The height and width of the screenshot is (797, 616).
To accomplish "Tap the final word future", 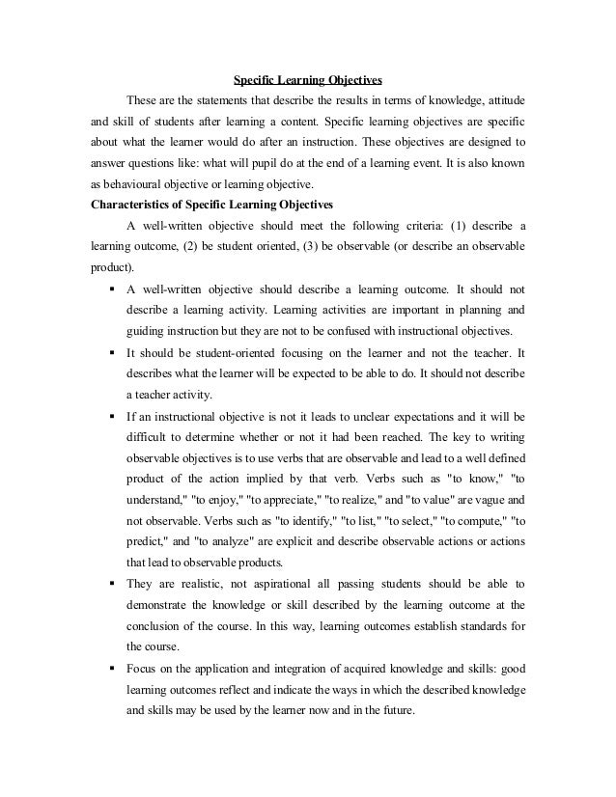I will (390, 710).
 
